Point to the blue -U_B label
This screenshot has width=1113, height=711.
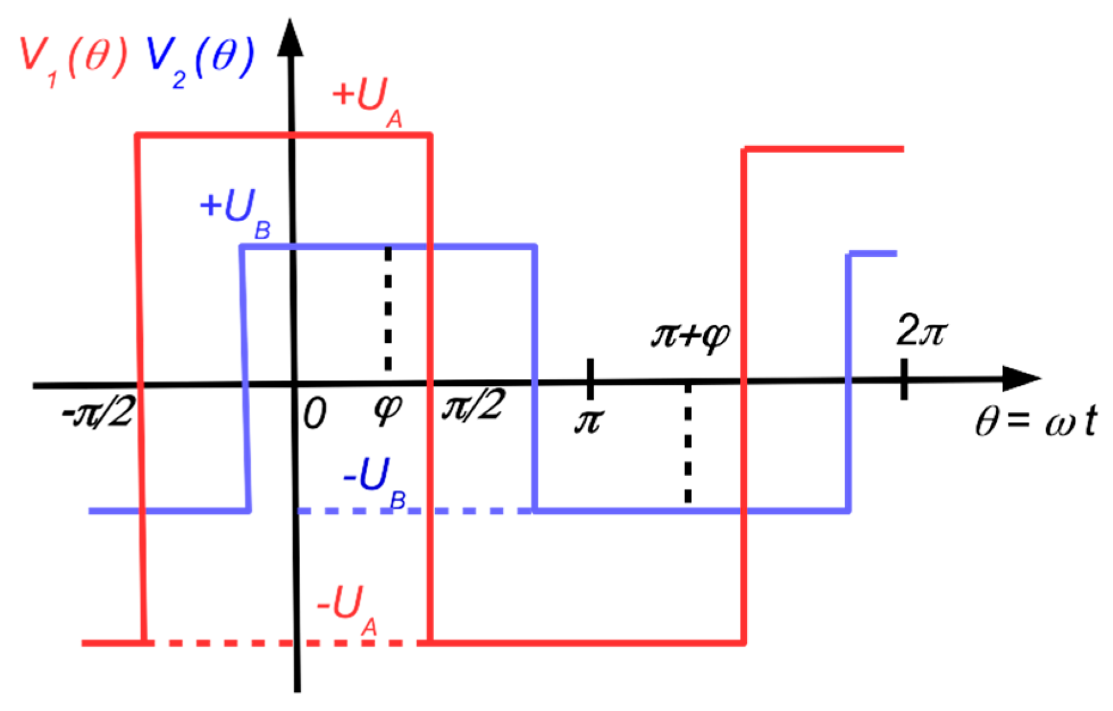point(374,482)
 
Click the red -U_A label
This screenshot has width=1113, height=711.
point(347,609)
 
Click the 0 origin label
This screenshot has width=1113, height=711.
point(314,413)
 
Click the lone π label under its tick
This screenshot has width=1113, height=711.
point(589,421)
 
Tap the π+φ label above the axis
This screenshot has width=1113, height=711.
point(690,336)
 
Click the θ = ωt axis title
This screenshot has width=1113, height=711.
point(1035,421)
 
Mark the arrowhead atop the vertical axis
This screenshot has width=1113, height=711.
point(291,39)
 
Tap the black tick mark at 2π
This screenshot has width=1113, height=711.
point(904,379)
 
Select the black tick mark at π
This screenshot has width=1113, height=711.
point(590,379)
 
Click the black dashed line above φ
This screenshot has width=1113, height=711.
point(389,308)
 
